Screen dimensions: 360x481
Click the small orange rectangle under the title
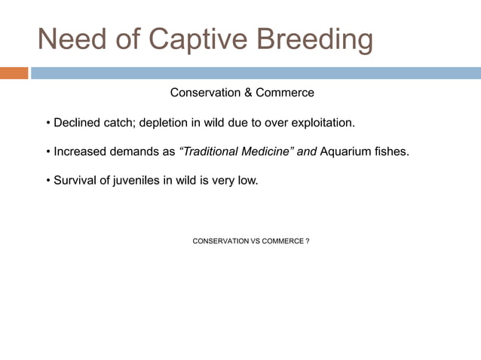click(x=14, y=73)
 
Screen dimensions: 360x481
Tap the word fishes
click(x=393, y=151)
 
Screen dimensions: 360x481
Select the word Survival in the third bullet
click(x=76, y=181)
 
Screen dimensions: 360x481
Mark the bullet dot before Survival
click(x=47, y=182)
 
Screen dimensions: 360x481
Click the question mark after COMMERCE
click(x=308, y=241)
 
